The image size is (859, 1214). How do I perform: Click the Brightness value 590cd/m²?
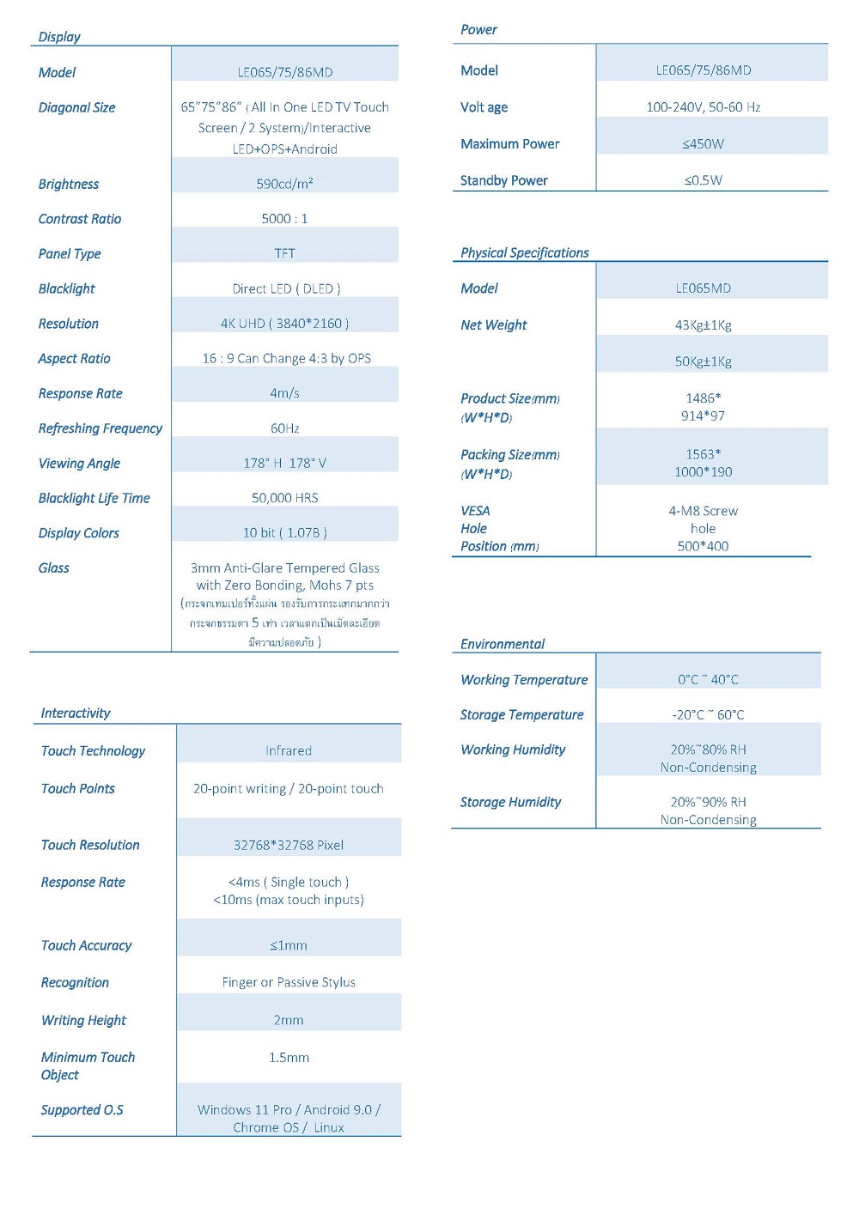click(284, 184)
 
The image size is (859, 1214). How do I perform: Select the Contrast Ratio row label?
click(80, 219)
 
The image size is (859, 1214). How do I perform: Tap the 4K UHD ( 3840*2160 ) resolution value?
click(284, 324)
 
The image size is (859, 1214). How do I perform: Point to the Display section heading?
click(59, 37)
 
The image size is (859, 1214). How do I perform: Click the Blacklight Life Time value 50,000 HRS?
click(284, 498)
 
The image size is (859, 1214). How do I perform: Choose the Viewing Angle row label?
click(79, 464)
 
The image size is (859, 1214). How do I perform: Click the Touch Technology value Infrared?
click(289, 751)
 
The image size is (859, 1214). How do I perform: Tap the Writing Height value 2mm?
click(289, 1020)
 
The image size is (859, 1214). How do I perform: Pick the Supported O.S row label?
click(82, 1110)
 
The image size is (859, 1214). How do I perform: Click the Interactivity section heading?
click(76, 713)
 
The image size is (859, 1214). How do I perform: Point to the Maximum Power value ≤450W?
click(703, 144)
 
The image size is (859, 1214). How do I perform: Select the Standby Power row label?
click(504, 180)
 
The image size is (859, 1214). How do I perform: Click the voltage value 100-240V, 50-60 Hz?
click(703, 107)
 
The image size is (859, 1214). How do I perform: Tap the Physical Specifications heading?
click(525, 253)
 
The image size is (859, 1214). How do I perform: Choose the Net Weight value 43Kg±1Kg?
click(703, 325)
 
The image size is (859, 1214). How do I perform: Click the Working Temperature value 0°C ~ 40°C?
click(708, 680)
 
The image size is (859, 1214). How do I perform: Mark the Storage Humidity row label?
click(510, 802)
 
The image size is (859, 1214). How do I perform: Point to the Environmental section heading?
click(503, 644)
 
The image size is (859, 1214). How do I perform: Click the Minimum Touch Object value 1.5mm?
click(289, 1058)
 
